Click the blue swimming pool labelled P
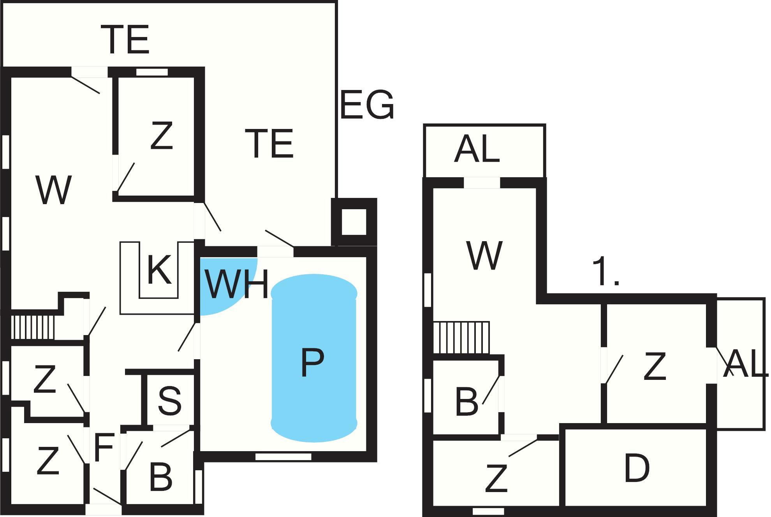coord(314,358)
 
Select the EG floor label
coord(367,105)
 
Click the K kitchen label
coord(159,270)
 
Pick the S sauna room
coord(170,400)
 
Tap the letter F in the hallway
coord(104,448)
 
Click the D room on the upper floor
coord(637,468)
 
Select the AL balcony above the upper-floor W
coord(477,150)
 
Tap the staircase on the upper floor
coord(461,337)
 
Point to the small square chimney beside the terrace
coord(354,222)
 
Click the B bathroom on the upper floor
coord(466,401)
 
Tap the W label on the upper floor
coord(484,255)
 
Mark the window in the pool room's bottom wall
coord(283,456)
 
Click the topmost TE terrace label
coord(125,39)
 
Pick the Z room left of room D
coord(496,478)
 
